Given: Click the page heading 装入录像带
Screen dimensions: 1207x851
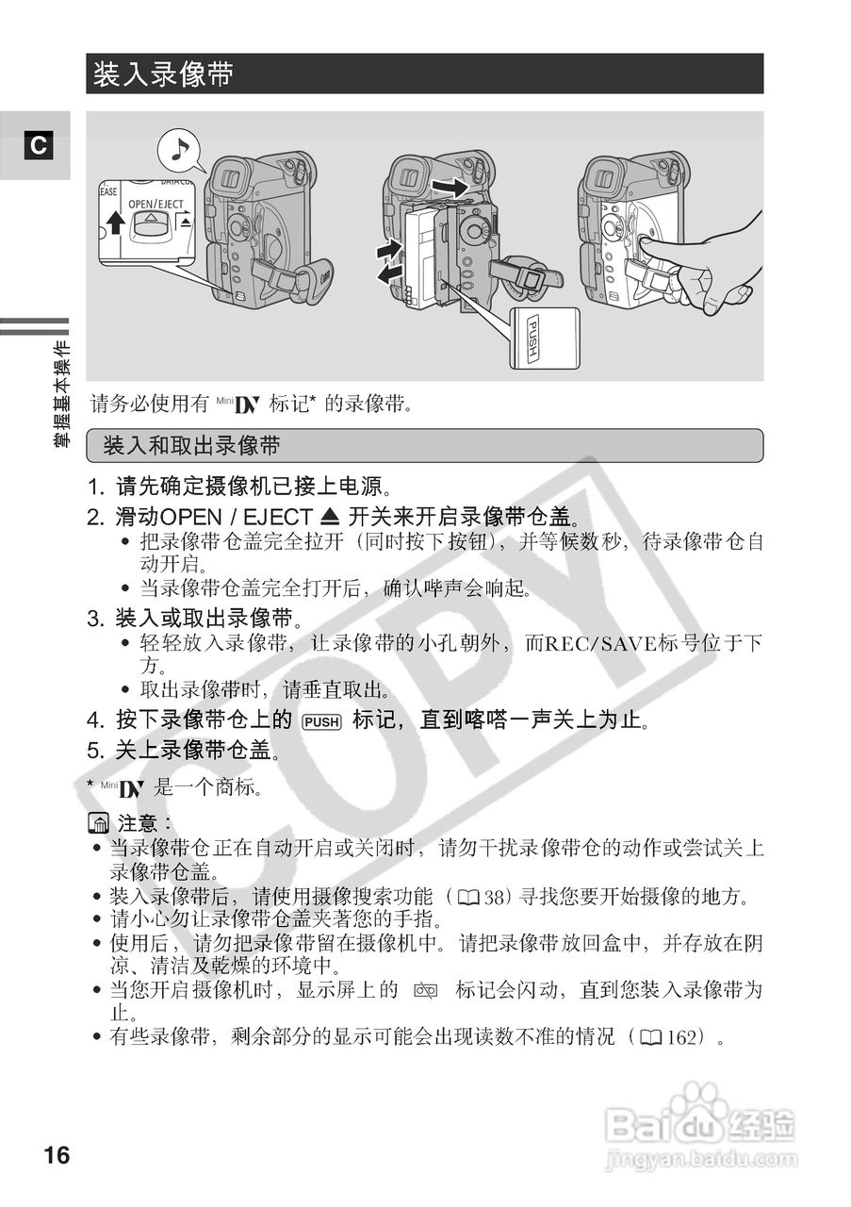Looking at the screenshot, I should coord(163,75).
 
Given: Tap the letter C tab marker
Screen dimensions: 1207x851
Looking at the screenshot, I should coord(37,146).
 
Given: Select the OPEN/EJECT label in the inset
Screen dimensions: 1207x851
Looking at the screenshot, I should coord(156,204).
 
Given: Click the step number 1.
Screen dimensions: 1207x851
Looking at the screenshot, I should coord(93,488).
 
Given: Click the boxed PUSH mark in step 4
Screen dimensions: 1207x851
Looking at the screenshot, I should coord(321,722).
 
